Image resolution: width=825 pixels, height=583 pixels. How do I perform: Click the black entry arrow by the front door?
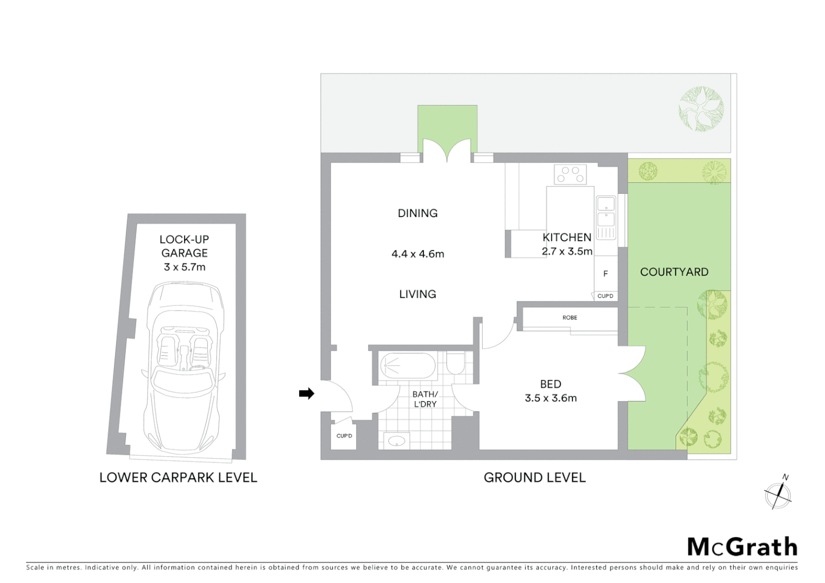(307, 394)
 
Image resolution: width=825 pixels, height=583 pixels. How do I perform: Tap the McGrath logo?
(742, 547)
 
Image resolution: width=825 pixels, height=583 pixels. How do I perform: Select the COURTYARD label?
(674, 272)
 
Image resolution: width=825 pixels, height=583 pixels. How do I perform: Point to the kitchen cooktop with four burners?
(570, 174)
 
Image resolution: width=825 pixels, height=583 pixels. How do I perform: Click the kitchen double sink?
(606, 212)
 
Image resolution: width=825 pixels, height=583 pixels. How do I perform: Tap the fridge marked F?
(606, 274)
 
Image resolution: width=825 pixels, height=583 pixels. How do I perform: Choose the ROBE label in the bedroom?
(570, 318)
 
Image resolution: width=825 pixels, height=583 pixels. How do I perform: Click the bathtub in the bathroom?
(407, 366)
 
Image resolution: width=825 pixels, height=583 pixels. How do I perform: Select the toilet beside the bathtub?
(455, 363)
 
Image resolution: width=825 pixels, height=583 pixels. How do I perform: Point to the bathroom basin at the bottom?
(396, 441)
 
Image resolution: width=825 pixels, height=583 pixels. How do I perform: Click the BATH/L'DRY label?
(425, 399)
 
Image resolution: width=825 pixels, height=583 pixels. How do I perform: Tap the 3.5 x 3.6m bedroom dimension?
(551, 398)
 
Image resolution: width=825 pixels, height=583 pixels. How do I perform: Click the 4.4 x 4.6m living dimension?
(417, 254)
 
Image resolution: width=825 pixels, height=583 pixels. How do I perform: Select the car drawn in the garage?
(184, 367)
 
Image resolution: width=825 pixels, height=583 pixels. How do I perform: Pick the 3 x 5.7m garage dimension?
(185, 267)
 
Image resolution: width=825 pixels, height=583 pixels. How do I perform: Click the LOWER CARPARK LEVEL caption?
(178, 478)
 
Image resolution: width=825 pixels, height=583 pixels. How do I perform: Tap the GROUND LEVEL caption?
(535, 478)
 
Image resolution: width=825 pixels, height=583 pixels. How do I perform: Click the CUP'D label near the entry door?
(344, 436)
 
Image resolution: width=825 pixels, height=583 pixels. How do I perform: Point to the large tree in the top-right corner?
(701, 109)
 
